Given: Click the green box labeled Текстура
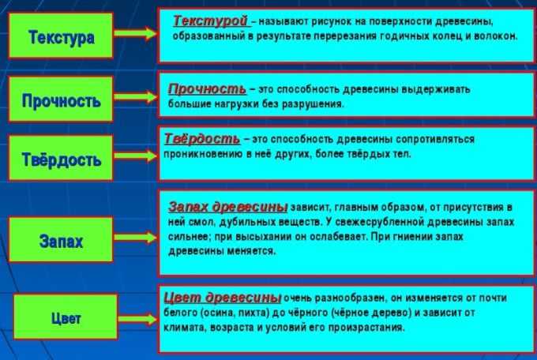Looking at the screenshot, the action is (x=61, y=36).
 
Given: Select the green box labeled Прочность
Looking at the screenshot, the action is (x=61, y=99).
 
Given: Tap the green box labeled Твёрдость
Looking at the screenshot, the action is (x=61, y=158).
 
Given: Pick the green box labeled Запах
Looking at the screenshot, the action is (x=61, y=240).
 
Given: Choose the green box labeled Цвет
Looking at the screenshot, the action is (x=66, y=317).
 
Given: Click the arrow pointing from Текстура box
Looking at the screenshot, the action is (x=136, y=33).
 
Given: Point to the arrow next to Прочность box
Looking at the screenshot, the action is (x=136, y=97).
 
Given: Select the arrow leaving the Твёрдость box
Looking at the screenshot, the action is (x=136, y=156).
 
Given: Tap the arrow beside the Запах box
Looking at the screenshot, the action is (x=136, y=238).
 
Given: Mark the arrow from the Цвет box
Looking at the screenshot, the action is (x=137, y=319).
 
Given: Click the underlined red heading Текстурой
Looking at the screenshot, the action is (x=210, y=21).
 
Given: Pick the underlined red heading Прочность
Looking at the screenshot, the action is (x=207, y=89).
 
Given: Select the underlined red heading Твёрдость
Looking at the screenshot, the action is (x=202, y=139).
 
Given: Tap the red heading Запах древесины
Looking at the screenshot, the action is (x=227, y=207).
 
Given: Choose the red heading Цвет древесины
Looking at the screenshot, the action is (x=222, y=298).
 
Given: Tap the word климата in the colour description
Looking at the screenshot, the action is (x=184, y=328).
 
